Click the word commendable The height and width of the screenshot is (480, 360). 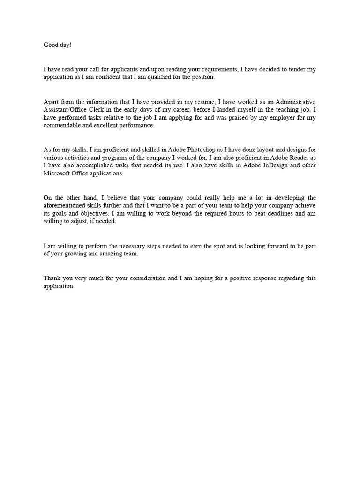point(61,125)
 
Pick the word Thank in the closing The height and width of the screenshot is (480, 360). point(52,278)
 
